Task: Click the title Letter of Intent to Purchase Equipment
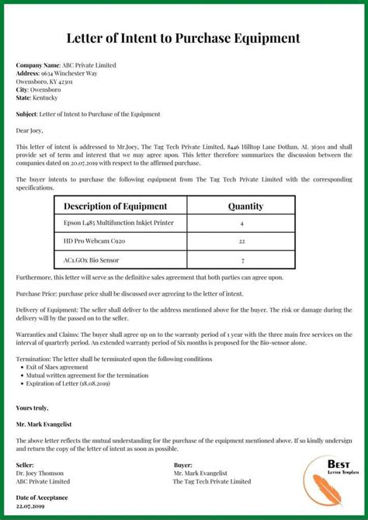click(x=183, y=37)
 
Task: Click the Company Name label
click(x=38, y=65)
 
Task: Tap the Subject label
click(x=26, y=114)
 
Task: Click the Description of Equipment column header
click(x=115, y=206)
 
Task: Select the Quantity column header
click(x=245, y=206)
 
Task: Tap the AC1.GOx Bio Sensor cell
click(x=92, y=260)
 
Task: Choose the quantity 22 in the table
click(x=242, y=241)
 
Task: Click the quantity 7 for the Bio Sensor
click(x=242, y=261)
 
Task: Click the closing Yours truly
click(x=32, y=407)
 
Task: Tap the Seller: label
click(x=25, y=465)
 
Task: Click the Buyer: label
click(x=183, y=465)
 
